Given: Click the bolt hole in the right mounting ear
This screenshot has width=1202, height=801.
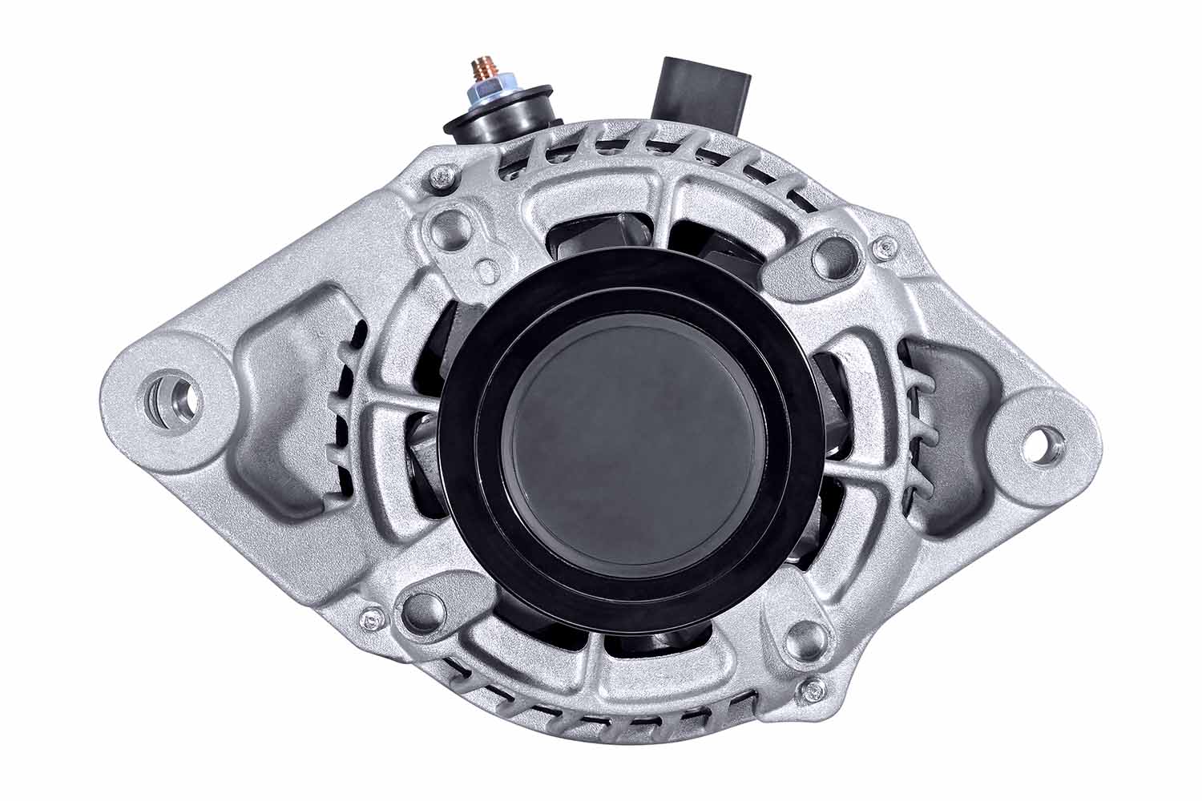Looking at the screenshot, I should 1043,442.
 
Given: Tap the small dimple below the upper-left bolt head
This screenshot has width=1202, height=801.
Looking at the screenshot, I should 486,268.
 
